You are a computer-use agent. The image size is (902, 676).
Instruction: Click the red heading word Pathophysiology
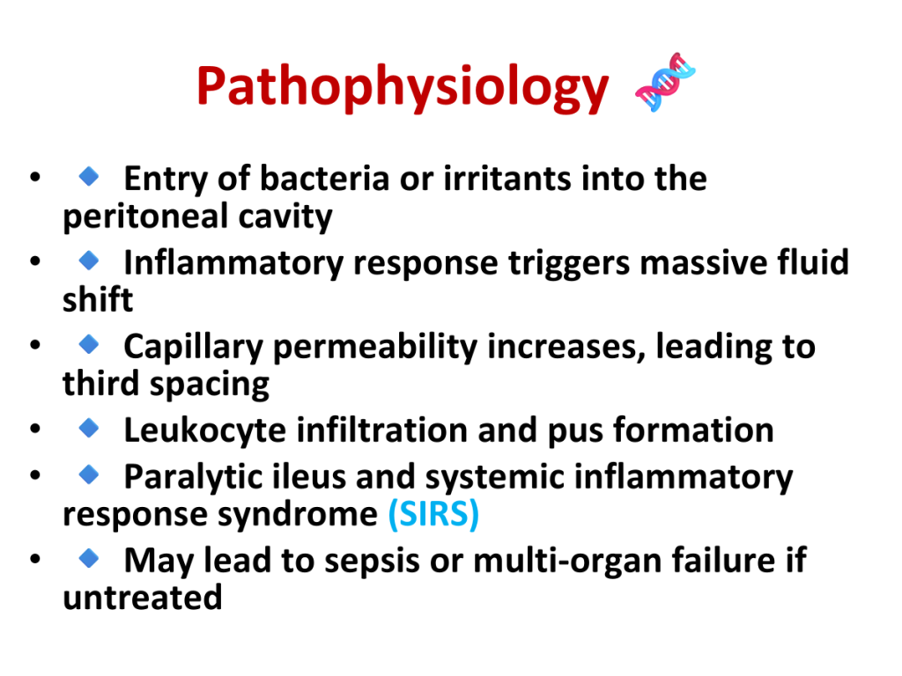tap(402, 87)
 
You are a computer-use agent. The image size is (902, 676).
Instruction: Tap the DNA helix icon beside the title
tap(665, 82)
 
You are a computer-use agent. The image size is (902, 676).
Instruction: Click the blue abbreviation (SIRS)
tap(433, 513)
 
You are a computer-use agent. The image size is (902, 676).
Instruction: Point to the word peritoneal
tap(145, 217)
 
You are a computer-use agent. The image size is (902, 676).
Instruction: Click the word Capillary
tap(193, 347)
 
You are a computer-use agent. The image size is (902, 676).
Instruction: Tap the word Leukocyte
tap(204, 430)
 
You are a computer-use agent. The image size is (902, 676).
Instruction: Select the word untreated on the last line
tap(142, 598)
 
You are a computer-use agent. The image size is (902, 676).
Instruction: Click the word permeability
tap(375, 347)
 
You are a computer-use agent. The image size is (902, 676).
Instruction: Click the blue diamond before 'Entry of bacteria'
tap(89, 176)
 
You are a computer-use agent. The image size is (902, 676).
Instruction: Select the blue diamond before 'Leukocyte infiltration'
tap(89, 428)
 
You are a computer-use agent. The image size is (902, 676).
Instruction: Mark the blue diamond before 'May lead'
tap(89, 557)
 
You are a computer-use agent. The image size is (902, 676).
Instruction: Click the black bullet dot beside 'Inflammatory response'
tap(35, 261)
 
